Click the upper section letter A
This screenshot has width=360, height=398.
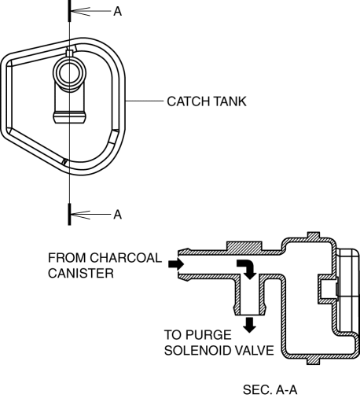pos(118,12)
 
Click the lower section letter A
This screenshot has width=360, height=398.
pos(118,215)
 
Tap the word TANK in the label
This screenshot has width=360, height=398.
pos(230,101)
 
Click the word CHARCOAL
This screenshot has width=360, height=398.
pos(126,258)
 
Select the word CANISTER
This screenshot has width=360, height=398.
pos(81,274)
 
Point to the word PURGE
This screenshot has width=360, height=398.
pos(209,335)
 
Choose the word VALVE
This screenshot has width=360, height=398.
pos(255,351)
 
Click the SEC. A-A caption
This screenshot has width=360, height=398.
pos(270,389)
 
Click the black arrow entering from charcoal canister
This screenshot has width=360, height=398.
pos(176,264)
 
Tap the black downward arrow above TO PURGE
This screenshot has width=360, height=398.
pos(249,325)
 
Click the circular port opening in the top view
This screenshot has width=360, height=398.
pos(69,72)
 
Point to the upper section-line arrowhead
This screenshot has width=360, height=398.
pos(80,12)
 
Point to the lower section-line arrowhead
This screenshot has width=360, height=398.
pos(80,215)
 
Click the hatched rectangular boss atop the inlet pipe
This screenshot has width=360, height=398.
pos(244,246)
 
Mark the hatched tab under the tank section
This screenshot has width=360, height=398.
pos(313,360)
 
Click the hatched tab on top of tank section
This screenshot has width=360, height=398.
pos(314,235)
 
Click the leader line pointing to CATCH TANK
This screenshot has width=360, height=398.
pos(145,101)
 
